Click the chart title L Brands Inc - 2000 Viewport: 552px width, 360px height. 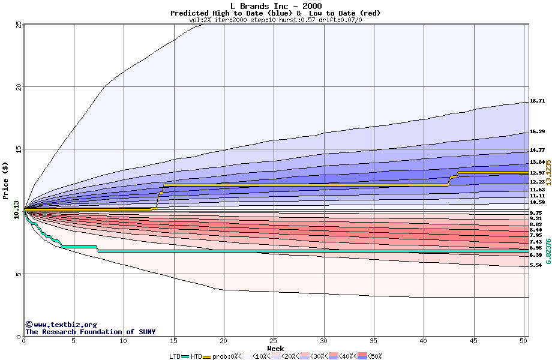[275, 6]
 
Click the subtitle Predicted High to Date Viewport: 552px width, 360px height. [217, 13]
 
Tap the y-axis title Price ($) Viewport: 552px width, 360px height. [5, 181]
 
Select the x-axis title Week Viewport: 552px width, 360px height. [275, 348]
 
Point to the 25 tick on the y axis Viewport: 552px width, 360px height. [18, 25]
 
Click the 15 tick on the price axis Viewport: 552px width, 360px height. [18, 149]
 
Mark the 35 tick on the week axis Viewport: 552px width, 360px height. [374, 341]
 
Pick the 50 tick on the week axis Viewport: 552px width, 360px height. [524, 341]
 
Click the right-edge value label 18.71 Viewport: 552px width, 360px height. [537, 101]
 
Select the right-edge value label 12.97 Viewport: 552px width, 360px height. [537, 173]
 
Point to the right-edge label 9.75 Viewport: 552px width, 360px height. [536, 213]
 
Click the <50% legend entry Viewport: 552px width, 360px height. [373, 356]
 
